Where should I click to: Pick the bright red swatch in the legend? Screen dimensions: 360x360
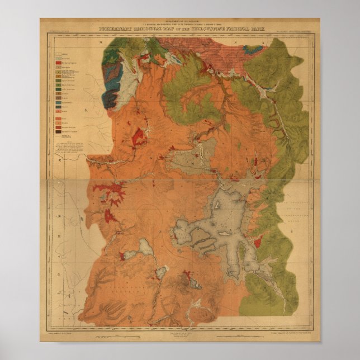(x=58, y=64)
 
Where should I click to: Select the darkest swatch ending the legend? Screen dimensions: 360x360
(x=58, y=131)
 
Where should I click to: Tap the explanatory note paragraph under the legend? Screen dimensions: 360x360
(x=72, y=151)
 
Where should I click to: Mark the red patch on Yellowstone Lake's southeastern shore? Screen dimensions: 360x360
(x=258, y=242)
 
